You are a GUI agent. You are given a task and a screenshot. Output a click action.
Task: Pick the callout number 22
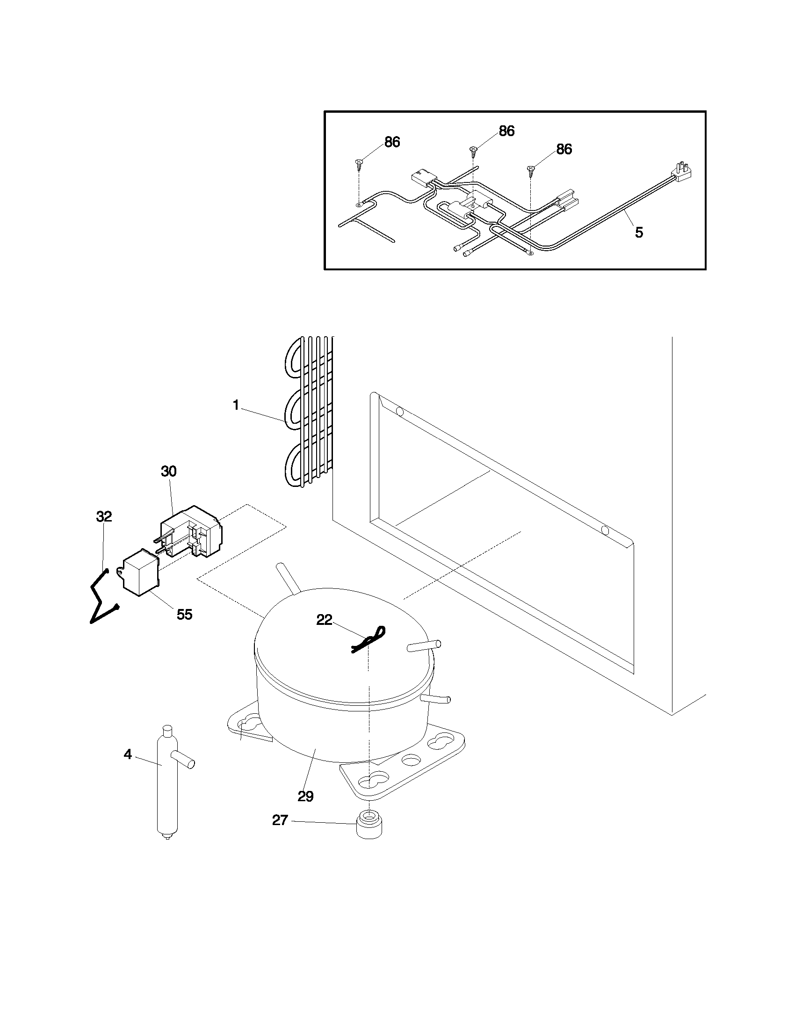324,620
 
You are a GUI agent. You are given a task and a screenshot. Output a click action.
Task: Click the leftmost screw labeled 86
359,163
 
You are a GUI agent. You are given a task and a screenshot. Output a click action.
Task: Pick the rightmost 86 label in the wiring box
564,149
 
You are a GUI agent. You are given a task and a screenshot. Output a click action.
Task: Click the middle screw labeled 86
473,150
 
